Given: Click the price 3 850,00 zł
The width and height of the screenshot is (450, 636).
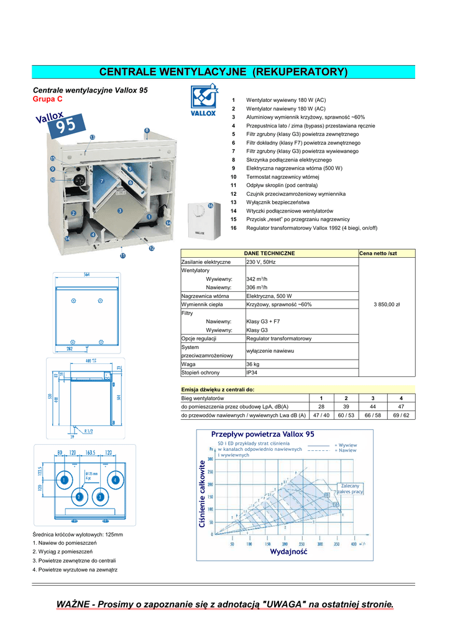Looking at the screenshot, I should click(387, 304).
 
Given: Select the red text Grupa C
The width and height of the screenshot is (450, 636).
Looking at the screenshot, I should click(47, 99).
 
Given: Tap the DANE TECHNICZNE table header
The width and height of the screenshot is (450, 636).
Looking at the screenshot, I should click(269, 253).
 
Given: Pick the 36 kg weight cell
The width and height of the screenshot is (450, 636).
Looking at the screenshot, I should click(253, 364).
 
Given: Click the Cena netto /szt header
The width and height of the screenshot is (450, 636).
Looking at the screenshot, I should click(377, 253).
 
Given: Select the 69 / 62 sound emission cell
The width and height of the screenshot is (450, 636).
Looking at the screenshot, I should click(401, 415).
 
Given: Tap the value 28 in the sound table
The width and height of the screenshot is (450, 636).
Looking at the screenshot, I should click(321, 406).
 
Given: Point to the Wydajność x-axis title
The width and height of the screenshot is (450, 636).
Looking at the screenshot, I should click(288, 552).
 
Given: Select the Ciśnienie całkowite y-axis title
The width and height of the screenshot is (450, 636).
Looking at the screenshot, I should click(201, 494).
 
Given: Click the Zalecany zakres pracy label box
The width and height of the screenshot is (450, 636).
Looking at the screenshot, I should click(351, 488).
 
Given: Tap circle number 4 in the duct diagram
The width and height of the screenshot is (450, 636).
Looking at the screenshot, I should click(115, 479).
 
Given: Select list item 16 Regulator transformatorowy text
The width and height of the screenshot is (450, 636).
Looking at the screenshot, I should click(311, 228).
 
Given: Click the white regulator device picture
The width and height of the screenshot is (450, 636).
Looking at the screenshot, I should click(203, 220).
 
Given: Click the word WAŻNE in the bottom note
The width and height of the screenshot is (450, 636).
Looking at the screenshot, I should click(73, 604).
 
